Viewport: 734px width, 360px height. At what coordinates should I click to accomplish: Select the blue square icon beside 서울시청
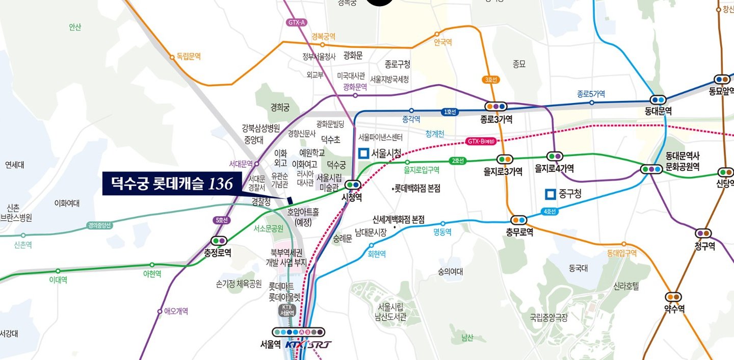pos(363,153)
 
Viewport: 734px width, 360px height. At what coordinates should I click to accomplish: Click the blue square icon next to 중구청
pos(549,194)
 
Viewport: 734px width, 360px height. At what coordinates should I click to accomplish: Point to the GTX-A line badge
pos(297,22)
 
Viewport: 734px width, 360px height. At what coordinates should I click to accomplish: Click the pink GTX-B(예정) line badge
pos(480,141)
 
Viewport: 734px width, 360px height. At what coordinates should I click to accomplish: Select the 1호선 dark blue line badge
pos(450,111)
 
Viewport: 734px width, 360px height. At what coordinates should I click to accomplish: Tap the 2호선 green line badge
pos(458,161)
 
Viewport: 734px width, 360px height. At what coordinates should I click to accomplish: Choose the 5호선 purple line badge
pos(221,220)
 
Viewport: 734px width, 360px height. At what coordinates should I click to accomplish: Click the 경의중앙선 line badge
pos(99,224)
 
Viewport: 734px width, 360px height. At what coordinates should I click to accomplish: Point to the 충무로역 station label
pos(519,232)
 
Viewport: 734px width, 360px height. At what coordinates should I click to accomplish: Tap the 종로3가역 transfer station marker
pos(495,107)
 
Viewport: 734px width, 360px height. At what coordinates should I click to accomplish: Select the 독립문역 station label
pos(189,57)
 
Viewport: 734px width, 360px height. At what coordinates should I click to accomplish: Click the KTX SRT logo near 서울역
pos(308,345)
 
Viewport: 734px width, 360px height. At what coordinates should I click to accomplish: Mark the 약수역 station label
pos(674,308)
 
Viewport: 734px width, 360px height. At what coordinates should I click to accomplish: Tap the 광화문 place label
pos(353,55)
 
